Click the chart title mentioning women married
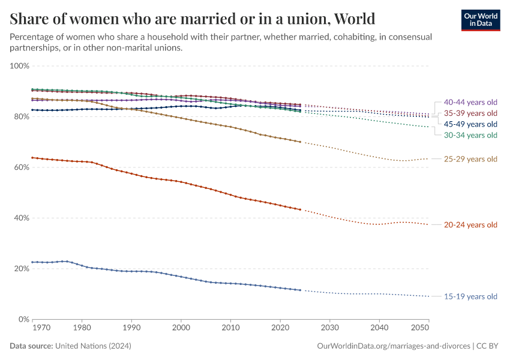(193, 19)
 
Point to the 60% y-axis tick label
(22, 167)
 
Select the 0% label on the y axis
(25, 320)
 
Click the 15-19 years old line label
(470, 296)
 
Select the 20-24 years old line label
(470, 225)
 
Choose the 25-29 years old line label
(470, 159)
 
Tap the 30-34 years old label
(470, 135)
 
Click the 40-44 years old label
(470, 102)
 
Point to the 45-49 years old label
(470, 124)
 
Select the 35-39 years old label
(470, 113)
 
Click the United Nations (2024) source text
(93, 346)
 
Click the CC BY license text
(488, 346)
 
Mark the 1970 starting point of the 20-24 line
(32, 158)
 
